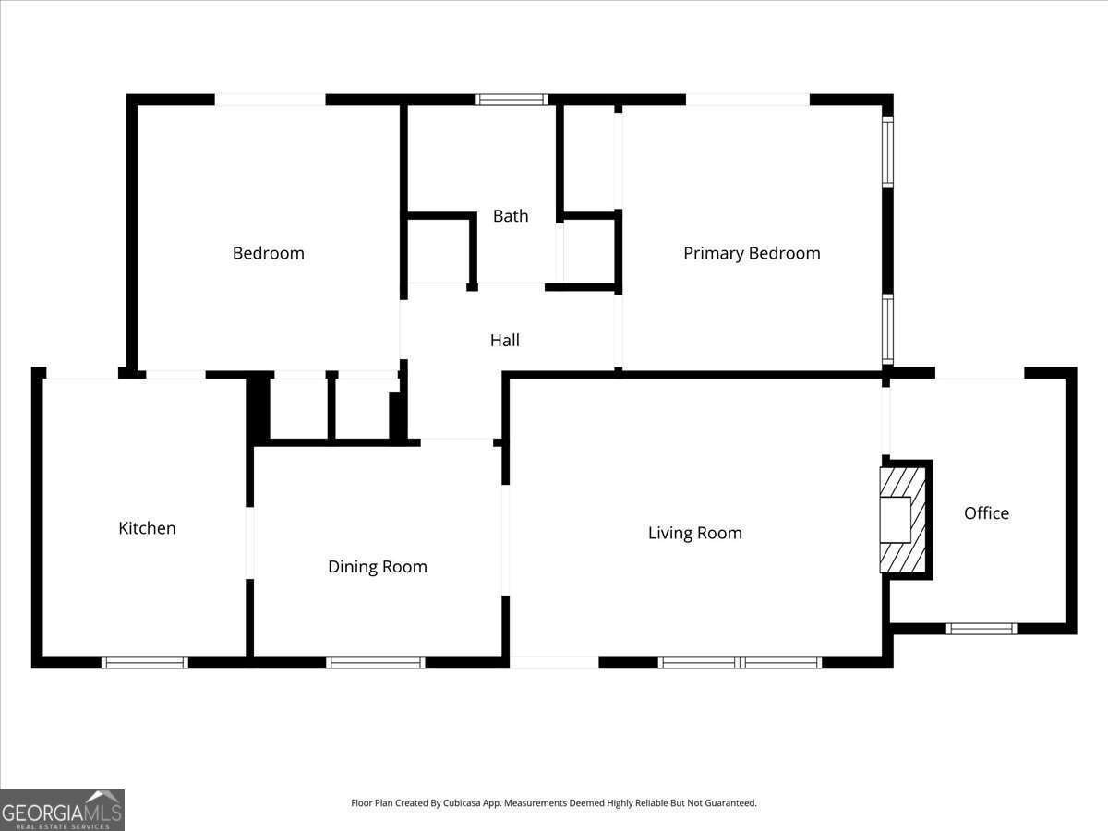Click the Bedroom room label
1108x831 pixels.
tap(268, 253)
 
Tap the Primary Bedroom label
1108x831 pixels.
tap(752, 253)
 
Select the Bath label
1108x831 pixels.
tap(511, 216)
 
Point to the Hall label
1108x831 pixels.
tap(505, 341)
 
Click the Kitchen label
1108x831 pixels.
tap(147, 528)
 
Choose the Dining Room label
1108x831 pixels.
tap(378, 567)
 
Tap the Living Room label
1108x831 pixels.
tap(695, 533)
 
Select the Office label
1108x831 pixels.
tap(986, 513)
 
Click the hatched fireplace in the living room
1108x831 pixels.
tap(902, 520)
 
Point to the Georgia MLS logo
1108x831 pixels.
tap(62, 810)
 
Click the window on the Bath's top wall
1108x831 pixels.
tap(512, 100)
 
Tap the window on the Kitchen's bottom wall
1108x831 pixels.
tap(145, 662)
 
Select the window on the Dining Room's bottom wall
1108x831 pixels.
tap(376, 662)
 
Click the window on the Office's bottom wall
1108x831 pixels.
tap(982, 629)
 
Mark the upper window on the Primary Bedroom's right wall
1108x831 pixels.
tap(887, 152)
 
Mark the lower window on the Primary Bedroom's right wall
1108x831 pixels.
tap(887, 329)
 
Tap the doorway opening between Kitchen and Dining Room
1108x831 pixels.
tap(249, 543)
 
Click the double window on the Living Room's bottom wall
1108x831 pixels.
tap(741, 662)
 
